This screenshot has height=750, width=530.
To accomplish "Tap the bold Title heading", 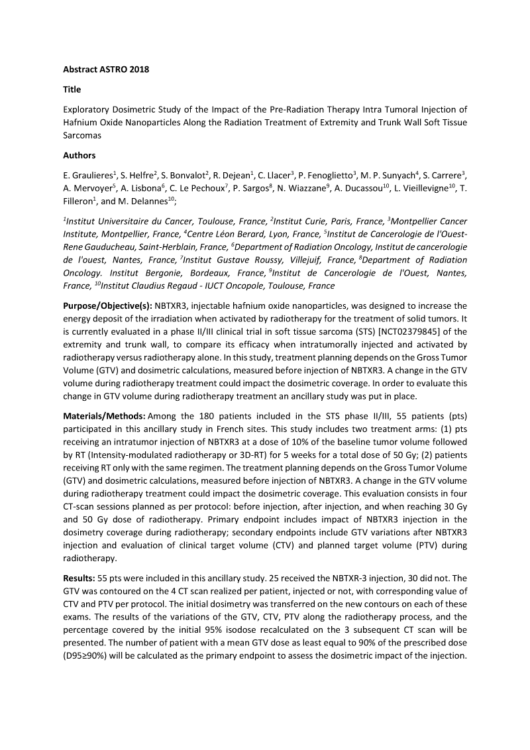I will (x=72, y=89).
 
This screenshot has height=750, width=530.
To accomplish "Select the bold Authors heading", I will (x=79, y=156).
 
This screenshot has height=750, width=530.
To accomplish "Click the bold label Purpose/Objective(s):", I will (x=107, y=306).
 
